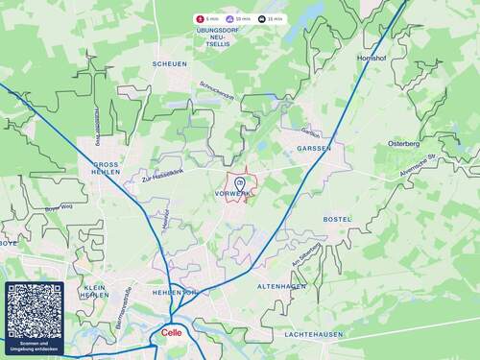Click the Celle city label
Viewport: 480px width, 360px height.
coord(173,333)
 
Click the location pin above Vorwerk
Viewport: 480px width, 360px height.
coord(240,181)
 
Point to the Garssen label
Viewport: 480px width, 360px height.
coord(314,149)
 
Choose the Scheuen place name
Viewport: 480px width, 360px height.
coord(169,63)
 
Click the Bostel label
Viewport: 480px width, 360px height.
coord(337,219)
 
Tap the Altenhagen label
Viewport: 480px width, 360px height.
coord(282,286)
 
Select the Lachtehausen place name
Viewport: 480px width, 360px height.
coord(313,334)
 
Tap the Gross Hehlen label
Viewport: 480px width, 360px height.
coord(106,169)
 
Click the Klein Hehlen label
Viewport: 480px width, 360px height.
coord(95,291)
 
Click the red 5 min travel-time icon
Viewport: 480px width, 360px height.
coord(201,18)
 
